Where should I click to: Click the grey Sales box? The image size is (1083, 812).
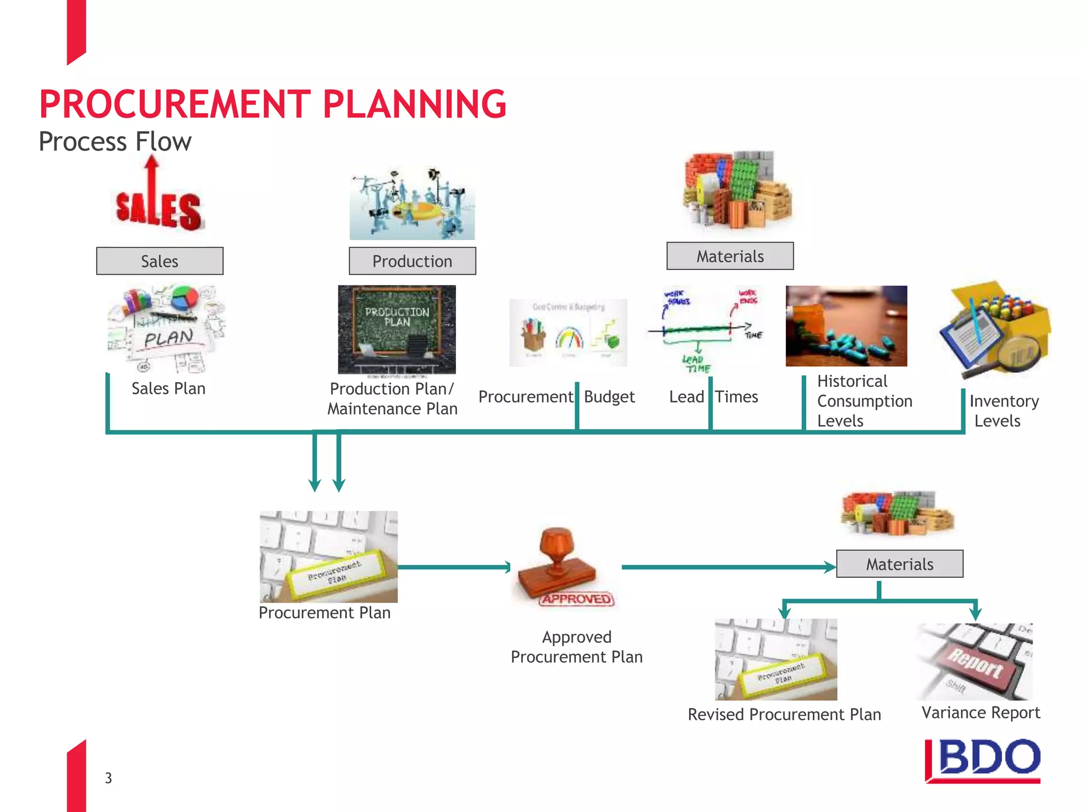tap(160, 261)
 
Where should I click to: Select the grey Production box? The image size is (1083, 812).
tap(412, 261)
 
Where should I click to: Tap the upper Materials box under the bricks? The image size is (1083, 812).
tap(730, 256)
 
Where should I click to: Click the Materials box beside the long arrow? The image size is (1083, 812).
tap(899, 564)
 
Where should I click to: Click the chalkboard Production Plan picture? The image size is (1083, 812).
tap(397, 329)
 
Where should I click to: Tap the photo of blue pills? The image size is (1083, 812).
tap(846, 326)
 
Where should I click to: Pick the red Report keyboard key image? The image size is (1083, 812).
tap(976, 662)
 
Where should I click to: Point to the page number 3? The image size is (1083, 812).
tap(108, 778)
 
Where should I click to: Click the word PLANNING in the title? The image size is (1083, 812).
tap(414, 104)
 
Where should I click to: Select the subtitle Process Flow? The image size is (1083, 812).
tap(115, 142)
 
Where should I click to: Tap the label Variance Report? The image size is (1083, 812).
tap(980, 713)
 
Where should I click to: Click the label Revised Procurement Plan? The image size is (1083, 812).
tap(784, 715)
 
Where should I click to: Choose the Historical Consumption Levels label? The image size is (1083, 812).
tap(864, 401)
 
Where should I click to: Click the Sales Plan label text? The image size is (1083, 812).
tap(168, 389)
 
